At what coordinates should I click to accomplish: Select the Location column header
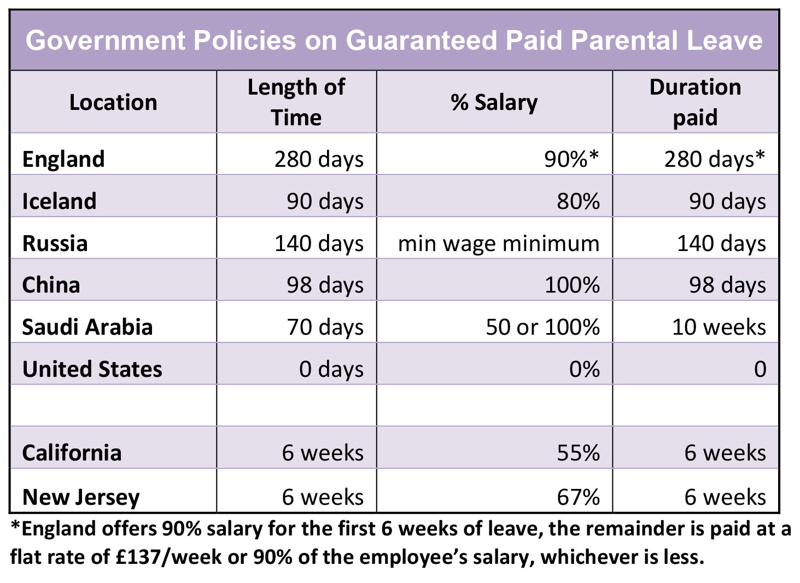(x=113, y=102)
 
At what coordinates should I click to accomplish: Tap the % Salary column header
(x=494, y=102)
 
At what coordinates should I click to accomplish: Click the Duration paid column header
(x=695, y=102)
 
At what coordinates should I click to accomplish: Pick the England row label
(x=63, y=159)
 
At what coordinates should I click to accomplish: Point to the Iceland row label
(x=59, y=201)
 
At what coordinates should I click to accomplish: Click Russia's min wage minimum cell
(x=498, y=243)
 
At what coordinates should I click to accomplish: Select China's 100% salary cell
(x=572, y=285)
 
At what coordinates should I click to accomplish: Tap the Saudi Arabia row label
(x=87, y=327)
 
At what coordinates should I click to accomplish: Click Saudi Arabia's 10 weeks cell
(x=719, y=327)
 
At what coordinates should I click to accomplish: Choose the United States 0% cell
(x=584, y=369)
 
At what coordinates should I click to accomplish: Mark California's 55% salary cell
(x=578, y=453)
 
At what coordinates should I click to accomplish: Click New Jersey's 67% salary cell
(x=578, y=497)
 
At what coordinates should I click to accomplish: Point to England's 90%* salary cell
(x=571, y=159)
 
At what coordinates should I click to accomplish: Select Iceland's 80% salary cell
(x=578, y=201)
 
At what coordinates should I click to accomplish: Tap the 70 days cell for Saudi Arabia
(x=325, y=327)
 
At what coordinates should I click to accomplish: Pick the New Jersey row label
(x=81, y=497)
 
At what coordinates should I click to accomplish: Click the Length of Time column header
(x=296, y=102)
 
